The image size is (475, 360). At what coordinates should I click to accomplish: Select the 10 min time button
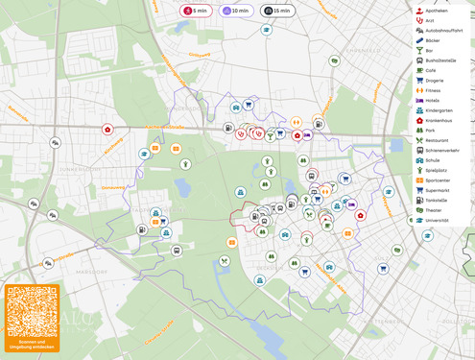236,11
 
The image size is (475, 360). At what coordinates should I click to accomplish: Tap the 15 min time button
277,11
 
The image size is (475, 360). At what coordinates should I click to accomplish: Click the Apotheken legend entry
438,10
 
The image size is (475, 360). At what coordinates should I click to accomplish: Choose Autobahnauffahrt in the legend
444,30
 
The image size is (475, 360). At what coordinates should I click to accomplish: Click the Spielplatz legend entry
438,170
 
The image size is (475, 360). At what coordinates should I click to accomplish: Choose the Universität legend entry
439,220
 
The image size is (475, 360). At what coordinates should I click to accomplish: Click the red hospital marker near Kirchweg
107,130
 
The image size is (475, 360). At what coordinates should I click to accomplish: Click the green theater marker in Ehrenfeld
334,60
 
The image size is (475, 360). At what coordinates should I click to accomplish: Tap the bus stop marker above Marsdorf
177,251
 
